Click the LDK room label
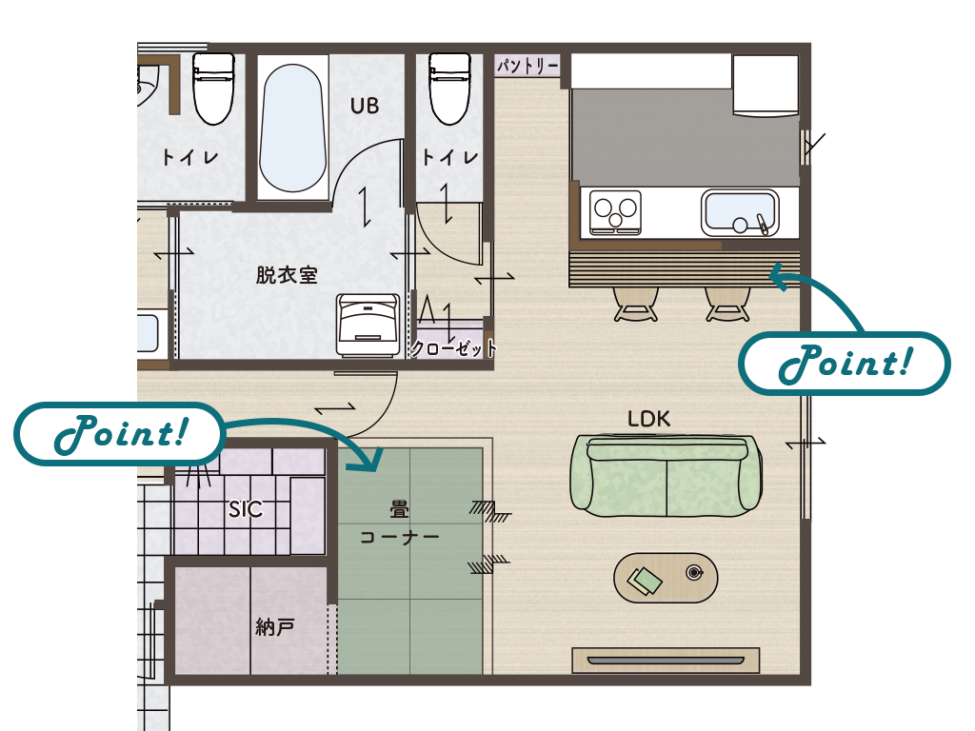[648, 419]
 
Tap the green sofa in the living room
[667, 476]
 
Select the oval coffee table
[666, 578]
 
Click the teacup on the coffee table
[694, 572]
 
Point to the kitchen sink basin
[740, 212]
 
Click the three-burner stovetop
[616, 212]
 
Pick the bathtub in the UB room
[292, 128]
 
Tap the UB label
[365, 106]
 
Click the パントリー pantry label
[527, 65]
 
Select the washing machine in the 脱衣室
[368, 325]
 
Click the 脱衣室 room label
[287, 275]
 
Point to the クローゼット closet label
[454, 348]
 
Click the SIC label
[246, 510]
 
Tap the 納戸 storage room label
[275, 626]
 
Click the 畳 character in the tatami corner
[399, 510]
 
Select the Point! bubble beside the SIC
[119, 433]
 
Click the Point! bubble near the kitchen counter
[845, 363]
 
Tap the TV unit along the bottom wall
[666, 660]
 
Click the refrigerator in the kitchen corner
[766, 85]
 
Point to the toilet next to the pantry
[450, 89]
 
